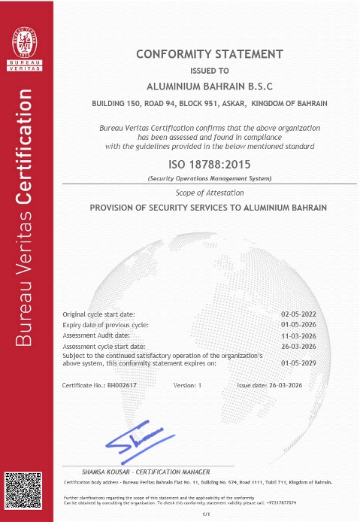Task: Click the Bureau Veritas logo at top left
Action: coord(26,45)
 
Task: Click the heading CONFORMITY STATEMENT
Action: coord(210,54)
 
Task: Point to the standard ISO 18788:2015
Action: coord(210,165)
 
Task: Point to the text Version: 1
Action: coord(188,384)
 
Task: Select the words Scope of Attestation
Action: coord(210,193)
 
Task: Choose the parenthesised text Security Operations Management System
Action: coord(210,179)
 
